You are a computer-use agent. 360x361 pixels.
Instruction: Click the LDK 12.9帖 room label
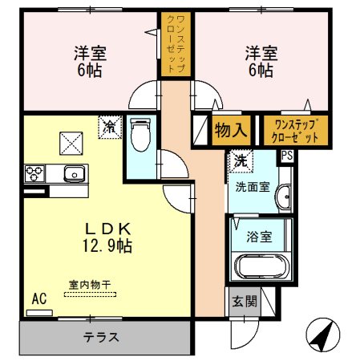coord(105,236)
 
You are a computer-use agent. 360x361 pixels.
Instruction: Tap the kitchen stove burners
coord(34,172)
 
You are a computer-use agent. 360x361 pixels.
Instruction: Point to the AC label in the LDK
coord(38,299)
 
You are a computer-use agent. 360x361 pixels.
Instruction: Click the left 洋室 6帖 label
coord(90,62)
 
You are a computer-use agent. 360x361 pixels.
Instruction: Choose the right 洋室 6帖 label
coord(260,62)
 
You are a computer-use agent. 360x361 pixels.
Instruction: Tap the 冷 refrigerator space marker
coord(109,125)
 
